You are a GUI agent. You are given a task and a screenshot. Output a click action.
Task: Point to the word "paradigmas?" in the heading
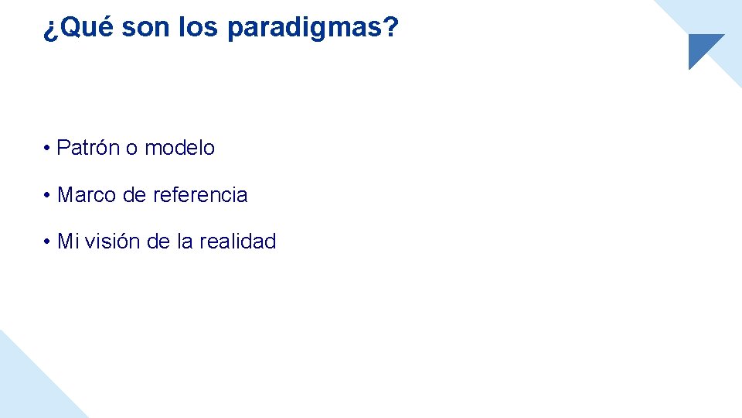click(313, 29)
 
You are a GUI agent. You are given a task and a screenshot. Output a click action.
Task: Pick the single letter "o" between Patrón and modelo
click(131, 148)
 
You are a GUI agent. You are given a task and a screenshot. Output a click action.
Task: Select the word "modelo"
click(179, 148)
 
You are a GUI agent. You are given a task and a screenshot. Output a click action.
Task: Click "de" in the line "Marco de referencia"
click(134, 195)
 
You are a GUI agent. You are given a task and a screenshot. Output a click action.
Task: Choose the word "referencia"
click(200, 195)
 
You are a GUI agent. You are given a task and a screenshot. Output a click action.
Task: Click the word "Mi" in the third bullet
click(68, 242)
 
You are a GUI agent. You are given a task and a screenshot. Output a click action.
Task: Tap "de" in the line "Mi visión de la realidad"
click(158, 242)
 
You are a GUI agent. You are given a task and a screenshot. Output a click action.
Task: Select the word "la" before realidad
click(185, 242)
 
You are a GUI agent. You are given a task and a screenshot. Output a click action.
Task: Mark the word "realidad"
click(237, 242)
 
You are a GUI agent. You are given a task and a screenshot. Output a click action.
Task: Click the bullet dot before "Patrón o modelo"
click(48, 149)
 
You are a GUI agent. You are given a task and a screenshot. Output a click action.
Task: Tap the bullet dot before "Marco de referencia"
click(48, 196)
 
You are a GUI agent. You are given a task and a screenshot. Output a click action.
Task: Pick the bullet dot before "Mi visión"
click(48, 242)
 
